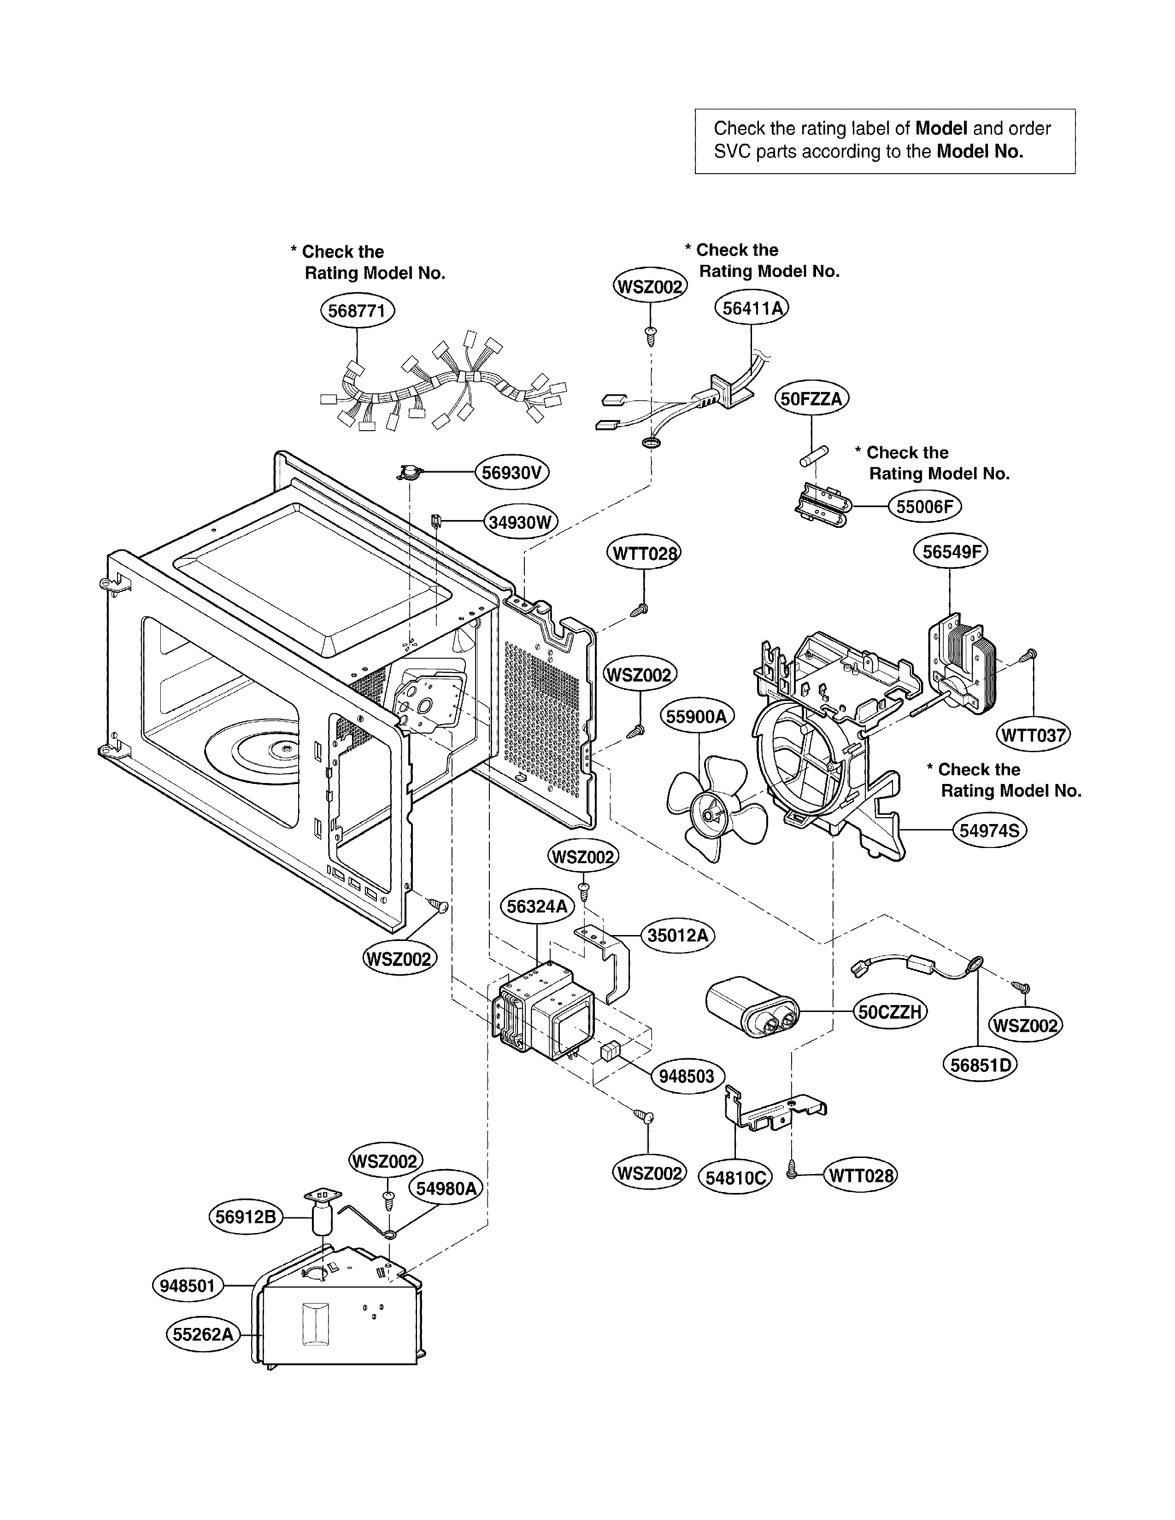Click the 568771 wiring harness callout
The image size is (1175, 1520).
[357, 310]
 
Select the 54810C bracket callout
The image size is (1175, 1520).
[735, 1178]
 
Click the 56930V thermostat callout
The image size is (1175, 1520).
[511, 473]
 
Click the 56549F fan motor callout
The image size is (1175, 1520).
[950, 552]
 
